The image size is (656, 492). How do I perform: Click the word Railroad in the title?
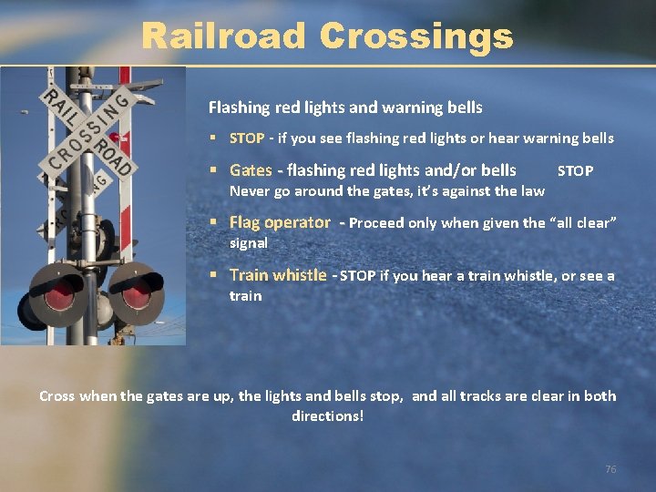point(224,36)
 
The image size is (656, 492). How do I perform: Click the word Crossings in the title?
point(416,36)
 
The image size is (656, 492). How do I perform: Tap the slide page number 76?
point(610,469)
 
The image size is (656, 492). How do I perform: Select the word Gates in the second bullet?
point(251,170)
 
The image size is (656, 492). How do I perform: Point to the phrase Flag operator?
point(280,222)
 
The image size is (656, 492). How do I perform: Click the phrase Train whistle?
point(278,275)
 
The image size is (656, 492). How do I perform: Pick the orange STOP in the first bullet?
point(247,138)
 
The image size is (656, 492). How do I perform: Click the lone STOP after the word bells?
point(575,171)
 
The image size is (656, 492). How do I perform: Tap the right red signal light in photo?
point(136,292)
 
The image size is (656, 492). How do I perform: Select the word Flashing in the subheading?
point(236,108)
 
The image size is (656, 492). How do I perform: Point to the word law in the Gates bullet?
point(532,191)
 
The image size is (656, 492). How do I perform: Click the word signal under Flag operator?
point(249,243)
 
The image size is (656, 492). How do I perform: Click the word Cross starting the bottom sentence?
point(56,396)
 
